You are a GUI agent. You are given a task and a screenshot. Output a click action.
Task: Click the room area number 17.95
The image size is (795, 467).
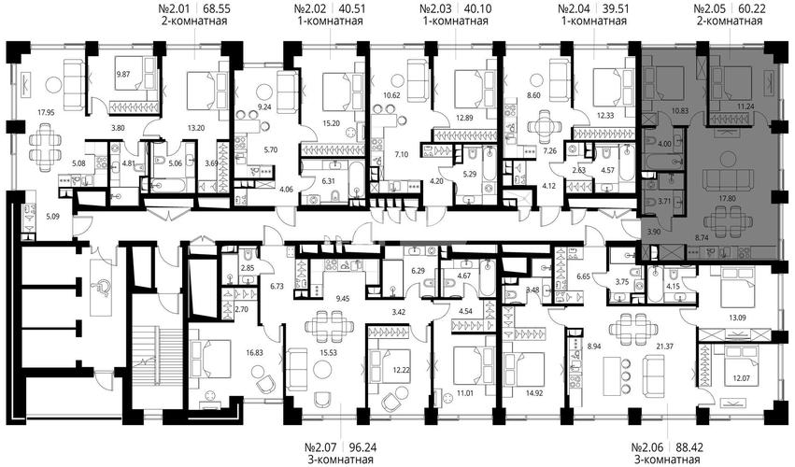click(46, 113)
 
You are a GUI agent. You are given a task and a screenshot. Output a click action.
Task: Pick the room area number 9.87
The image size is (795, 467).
click(124, 74)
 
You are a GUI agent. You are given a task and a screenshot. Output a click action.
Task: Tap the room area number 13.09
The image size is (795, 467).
click(738, 318)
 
